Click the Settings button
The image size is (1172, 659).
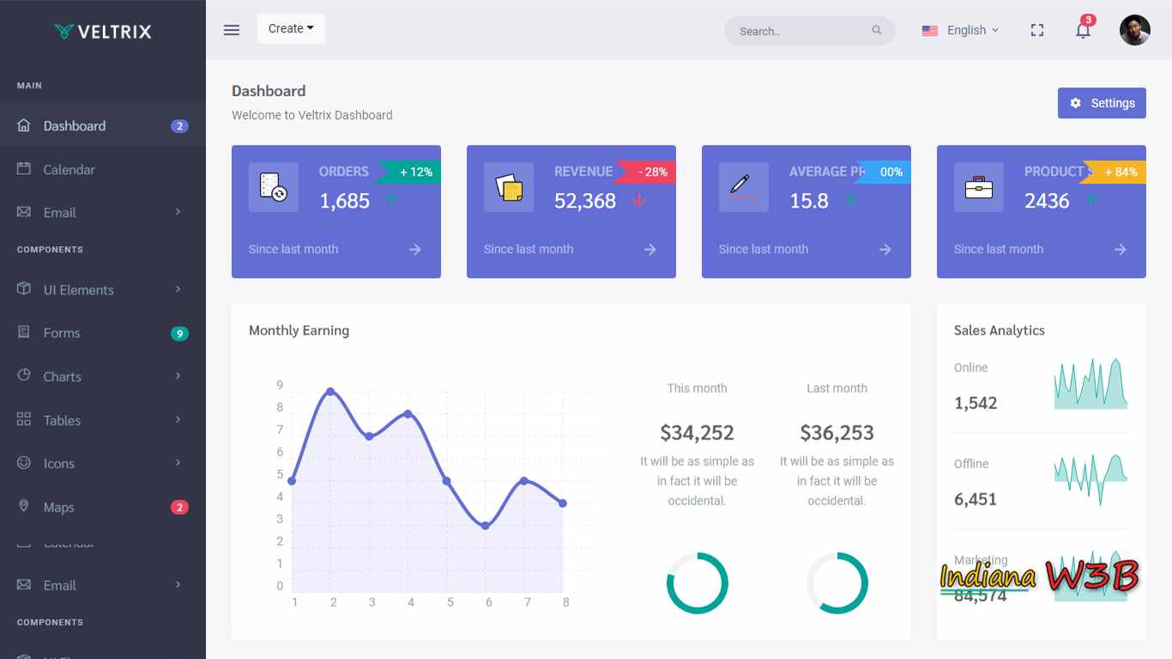pyautogui.click(x=1102, y=103)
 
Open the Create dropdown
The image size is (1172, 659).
pyautogui.click(x=291, y=28)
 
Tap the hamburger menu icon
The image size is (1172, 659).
pyautogui.click(x=232, y=30)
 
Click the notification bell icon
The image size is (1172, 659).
pyautogui.click(x=1083, y=31)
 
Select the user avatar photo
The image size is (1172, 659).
pyautogui.click(x=1134, y=30)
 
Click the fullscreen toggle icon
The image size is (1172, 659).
pyautogui.click(x=1037, y=30)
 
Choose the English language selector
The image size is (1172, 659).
pyautogui.click(x=960, y=30)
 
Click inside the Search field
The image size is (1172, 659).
pyautogui.click(x=798, y=31)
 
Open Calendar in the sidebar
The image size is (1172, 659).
pyautogui.click(x=69, y=169)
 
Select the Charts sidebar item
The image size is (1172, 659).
pyautogui.click(x=62, y=376)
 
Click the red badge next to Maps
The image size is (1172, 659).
pyautogui.click(x=179, y=507)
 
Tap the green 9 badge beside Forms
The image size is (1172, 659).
pyautogui.click(x=179, y=333)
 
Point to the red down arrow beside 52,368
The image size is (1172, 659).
pyautogui.click(x=638, y=201)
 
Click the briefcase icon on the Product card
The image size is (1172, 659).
pyautogui.click(x=978, y=187)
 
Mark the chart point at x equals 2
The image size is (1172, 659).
pyautogui.click(x=330, y=392)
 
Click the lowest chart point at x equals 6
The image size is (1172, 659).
pyautogui.click(x=486, y=525)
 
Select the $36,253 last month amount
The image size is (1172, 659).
pyautogui.click(x=837, y=432)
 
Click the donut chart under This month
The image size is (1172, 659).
pyautogui.click(x=697, y=583)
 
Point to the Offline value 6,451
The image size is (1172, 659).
pyautogui.click(x=976, y=499)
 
